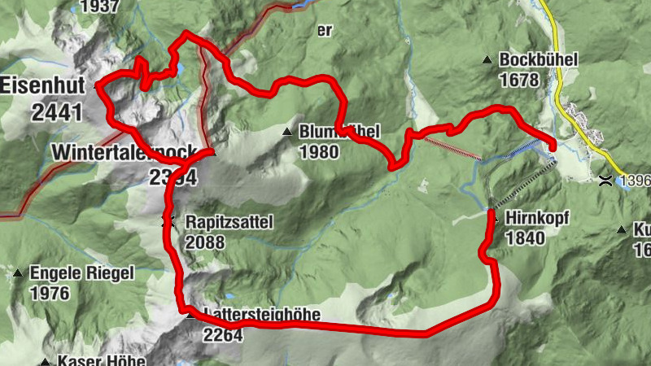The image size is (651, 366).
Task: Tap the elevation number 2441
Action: (x=57, y=111)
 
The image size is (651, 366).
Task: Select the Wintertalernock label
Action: (x=122, y=152)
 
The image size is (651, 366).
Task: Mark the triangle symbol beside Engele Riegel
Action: (x=18, y=272)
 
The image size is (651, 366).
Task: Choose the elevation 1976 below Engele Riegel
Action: (x=50, y=293)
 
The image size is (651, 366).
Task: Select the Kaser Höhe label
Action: (x=101, y=361)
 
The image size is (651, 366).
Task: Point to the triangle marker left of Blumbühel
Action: (x=286, y=132)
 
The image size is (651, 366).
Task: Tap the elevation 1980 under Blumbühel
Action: (x=317, y=151)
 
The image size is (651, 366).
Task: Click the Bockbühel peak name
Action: (x=538, y=60)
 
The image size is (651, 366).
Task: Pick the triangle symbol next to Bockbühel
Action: (x=487, y=59)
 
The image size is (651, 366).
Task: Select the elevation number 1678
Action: (x=521, y=80)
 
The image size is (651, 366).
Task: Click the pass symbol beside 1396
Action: (x=606, y=180)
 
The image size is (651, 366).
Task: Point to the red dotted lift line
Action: (x=452, y=148)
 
